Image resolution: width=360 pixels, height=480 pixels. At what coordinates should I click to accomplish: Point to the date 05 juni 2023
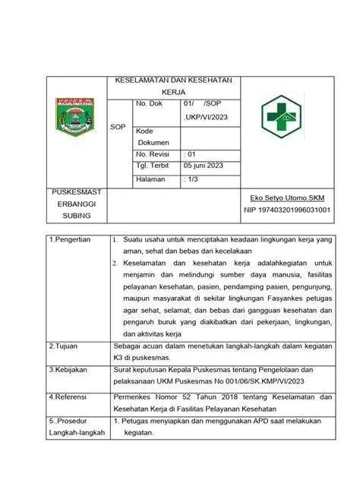204,165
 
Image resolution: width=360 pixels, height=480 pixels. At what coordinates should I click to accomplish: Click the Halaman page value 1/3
192,179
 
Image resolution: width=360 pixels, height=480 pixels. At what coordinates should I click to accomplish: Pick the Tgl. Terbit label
153,165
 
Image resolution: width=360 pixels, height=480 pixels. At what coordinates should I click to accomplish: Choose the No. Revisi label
153,153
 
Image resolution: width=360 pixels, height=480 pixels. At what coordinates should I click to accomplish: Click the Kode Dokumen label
153,137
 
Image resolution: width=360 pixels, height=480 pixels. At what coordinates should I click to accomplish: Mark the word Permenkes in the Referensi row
134,397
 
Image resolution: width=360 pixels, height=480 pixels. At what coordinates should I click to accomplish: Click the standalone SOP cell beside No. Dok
118,127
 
